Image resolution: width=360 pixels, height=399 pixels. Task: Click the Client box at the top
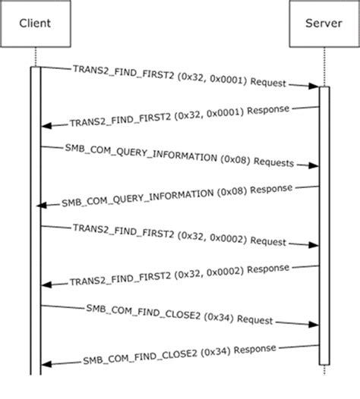(35, 24)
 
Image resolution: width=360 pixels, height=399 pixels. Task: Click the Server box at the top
(324, 24)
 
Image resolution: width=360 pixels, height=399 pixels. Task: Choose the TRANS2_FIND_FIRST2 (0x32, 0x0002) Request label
(178, 235)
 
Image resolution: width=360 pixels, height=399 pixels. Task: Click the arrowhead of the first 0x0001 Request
(313, 86)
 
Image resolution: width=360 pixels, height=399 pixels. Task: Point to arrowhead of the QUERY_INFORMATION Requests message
(313, 166)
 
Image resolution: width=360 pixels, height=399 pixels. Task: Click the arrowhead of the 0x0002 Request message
(313, 245)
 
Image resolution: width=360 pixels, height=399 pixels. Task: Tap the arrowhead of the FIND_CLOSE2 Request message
(313, 324)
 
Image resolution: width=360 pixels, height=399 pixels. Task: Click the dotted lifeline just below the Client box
(35, 57)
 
